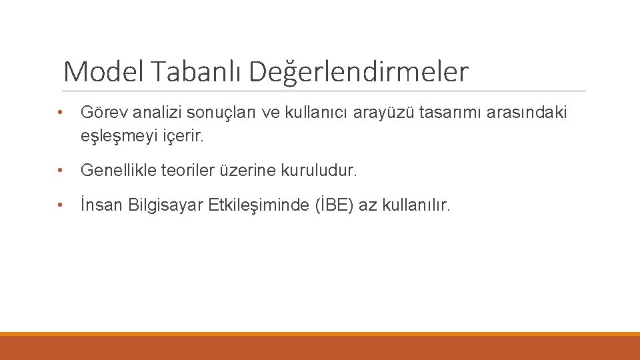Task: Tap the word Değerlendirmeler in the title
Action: click(359, 72)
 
